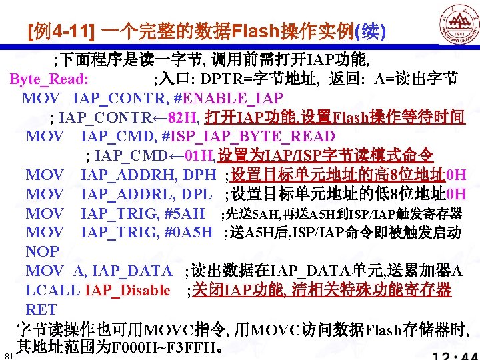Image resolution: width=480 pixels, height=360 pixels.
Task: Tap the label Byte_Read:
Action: (49, 79)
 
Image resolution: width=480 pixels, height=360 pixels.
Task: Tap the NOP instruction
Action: (42, 252)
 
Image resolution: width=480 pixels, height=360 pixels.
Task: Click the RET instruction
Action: (41, 309)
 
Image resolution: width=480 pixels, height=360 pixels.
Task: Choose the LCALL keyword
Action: (53, 290)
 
